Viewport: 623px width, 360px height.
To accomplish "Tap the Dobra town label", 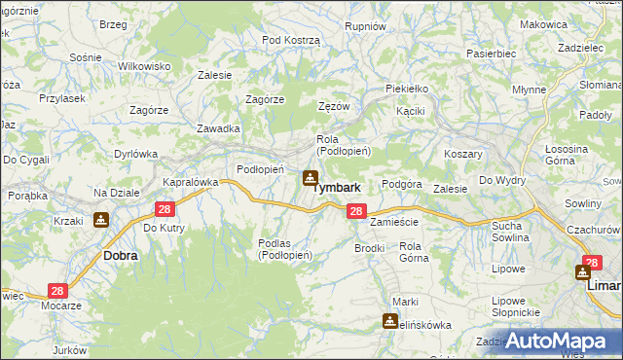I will [x=120, y=256].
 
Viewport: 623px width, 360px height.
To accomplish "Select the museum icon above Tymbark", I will [x=310, y=177].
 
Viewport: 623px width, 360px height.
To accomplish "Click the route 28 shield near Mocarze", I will [x=57, y=291].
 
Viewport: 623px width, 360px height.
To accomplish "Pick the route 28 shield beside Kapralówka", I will [x=165, y=209].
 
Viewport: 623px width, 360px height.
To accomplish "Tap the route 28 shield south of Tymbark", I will [x=356, y=211].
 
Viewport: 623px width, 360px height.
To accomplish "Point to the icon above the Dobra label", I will [x=101, y=220].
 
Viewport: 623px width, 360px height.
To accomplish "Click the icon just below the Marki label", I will [x=390, y=320].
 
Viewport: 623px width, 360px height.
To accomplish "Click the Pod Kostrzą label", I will [x=291, y=39].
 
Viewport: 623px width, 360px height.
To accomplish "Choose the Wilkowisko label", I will [x=144, y=65].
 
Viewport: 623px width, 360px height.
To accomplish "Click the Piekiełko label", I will [x=407, y=89].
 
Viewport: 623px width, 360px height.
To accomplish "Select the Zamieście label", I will [x=395, y=222].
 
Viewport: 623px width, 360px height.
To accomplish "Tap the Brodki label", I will [x=370, y=248].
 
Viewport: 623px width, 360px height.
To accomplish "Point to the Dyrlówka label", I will [x=135, y=153].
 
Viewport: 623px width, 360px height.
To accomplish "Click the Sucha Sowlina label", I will [x=506, y=231].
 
